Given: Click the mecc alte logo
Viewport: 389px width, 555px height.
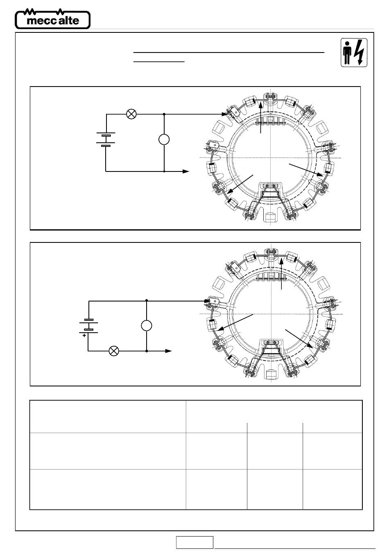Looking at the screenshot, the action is coord(53,19).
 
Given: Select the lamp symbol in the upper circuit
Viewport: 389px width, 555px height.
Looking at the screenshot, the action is coord(131,114).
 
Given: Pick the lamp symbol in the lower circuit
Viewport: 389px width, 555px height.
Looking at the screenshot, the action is coord(114,351).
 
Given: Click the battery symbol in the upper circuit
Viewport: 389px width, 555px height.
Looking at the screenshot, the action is coord(106,139).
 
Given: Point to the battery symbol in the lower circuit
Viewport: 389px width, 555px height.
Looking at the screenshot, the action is coord(88,326).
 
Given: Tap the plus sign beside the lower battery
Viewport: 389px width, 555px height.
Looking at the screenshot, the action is coord(84,335).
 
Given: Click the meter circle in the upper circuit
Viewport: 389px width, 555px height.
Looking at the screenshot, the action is coord(164,139).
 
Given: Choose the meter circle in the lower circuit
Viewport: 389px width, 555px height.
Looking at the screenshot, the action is coord(147,325).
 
